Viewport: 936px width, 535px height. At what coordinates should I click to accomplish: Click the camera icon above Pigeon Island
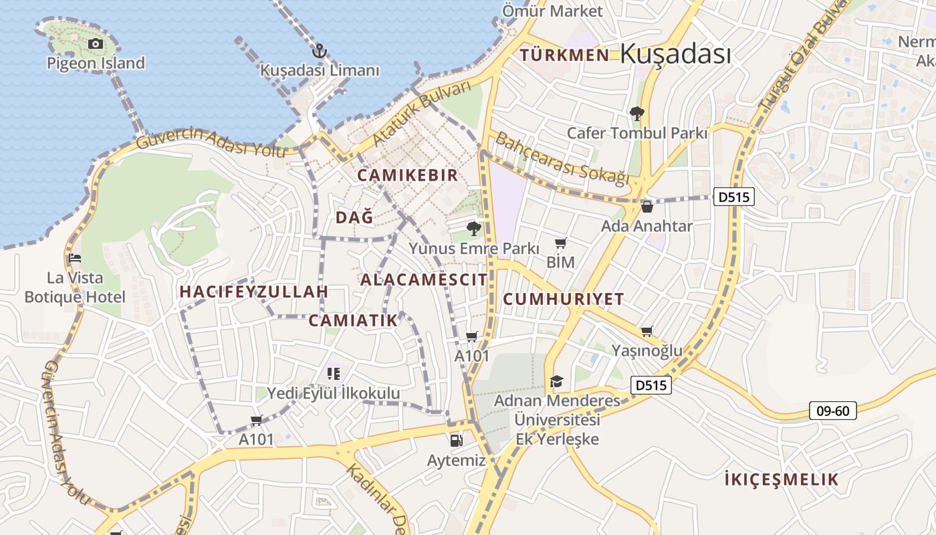(96, 44)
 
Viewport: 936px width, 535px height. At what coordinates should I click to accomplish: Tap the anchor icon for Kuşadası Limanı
(319, 50)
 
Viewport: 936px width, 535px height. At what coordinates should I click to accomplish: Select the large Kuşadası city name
(675, 54)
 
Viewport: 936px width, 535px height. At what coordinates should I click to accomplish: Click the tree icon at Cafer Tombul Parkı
(636, 114)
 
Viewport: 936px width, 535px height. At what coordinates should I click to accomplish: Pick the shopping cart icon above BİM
(560, 243)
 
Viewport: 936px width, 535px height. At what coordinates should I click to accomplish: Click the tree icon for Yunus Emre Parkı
(474, 229)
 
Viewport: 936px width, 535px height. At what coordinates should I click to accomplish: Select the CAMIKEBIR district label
(408, 175)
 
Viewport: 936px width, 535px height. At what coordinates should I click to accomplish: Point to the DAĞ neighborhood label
(354, 217)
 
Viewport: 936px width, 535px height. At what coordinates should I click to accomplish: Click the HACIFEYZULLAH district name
(254, 292)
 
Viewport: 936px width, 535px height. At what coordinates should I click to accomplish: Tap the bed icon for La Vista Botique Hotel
(75, 258)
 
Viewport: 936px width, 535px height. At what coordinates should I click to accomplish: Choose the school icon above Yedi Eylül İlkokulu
(333, 373)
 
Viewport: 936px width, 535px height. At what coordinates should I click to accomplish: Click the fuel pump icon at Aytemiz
(456, 440)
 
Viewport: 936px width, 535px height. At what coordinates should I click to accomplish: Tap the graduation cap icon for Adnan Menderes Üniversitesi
(556, 381)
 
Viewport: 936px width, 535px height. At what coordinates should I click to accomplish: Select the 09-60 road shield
(832, 410)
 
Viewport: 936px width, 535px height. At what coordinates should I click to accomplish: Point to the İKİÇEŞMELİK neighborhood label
(782, 479)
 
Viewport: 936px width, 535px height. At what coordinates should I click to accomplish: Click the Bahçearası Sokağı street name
(562, 159)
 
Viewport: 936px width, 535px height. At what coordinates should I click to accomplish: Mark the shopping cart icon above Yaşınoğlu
(647, 331)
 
